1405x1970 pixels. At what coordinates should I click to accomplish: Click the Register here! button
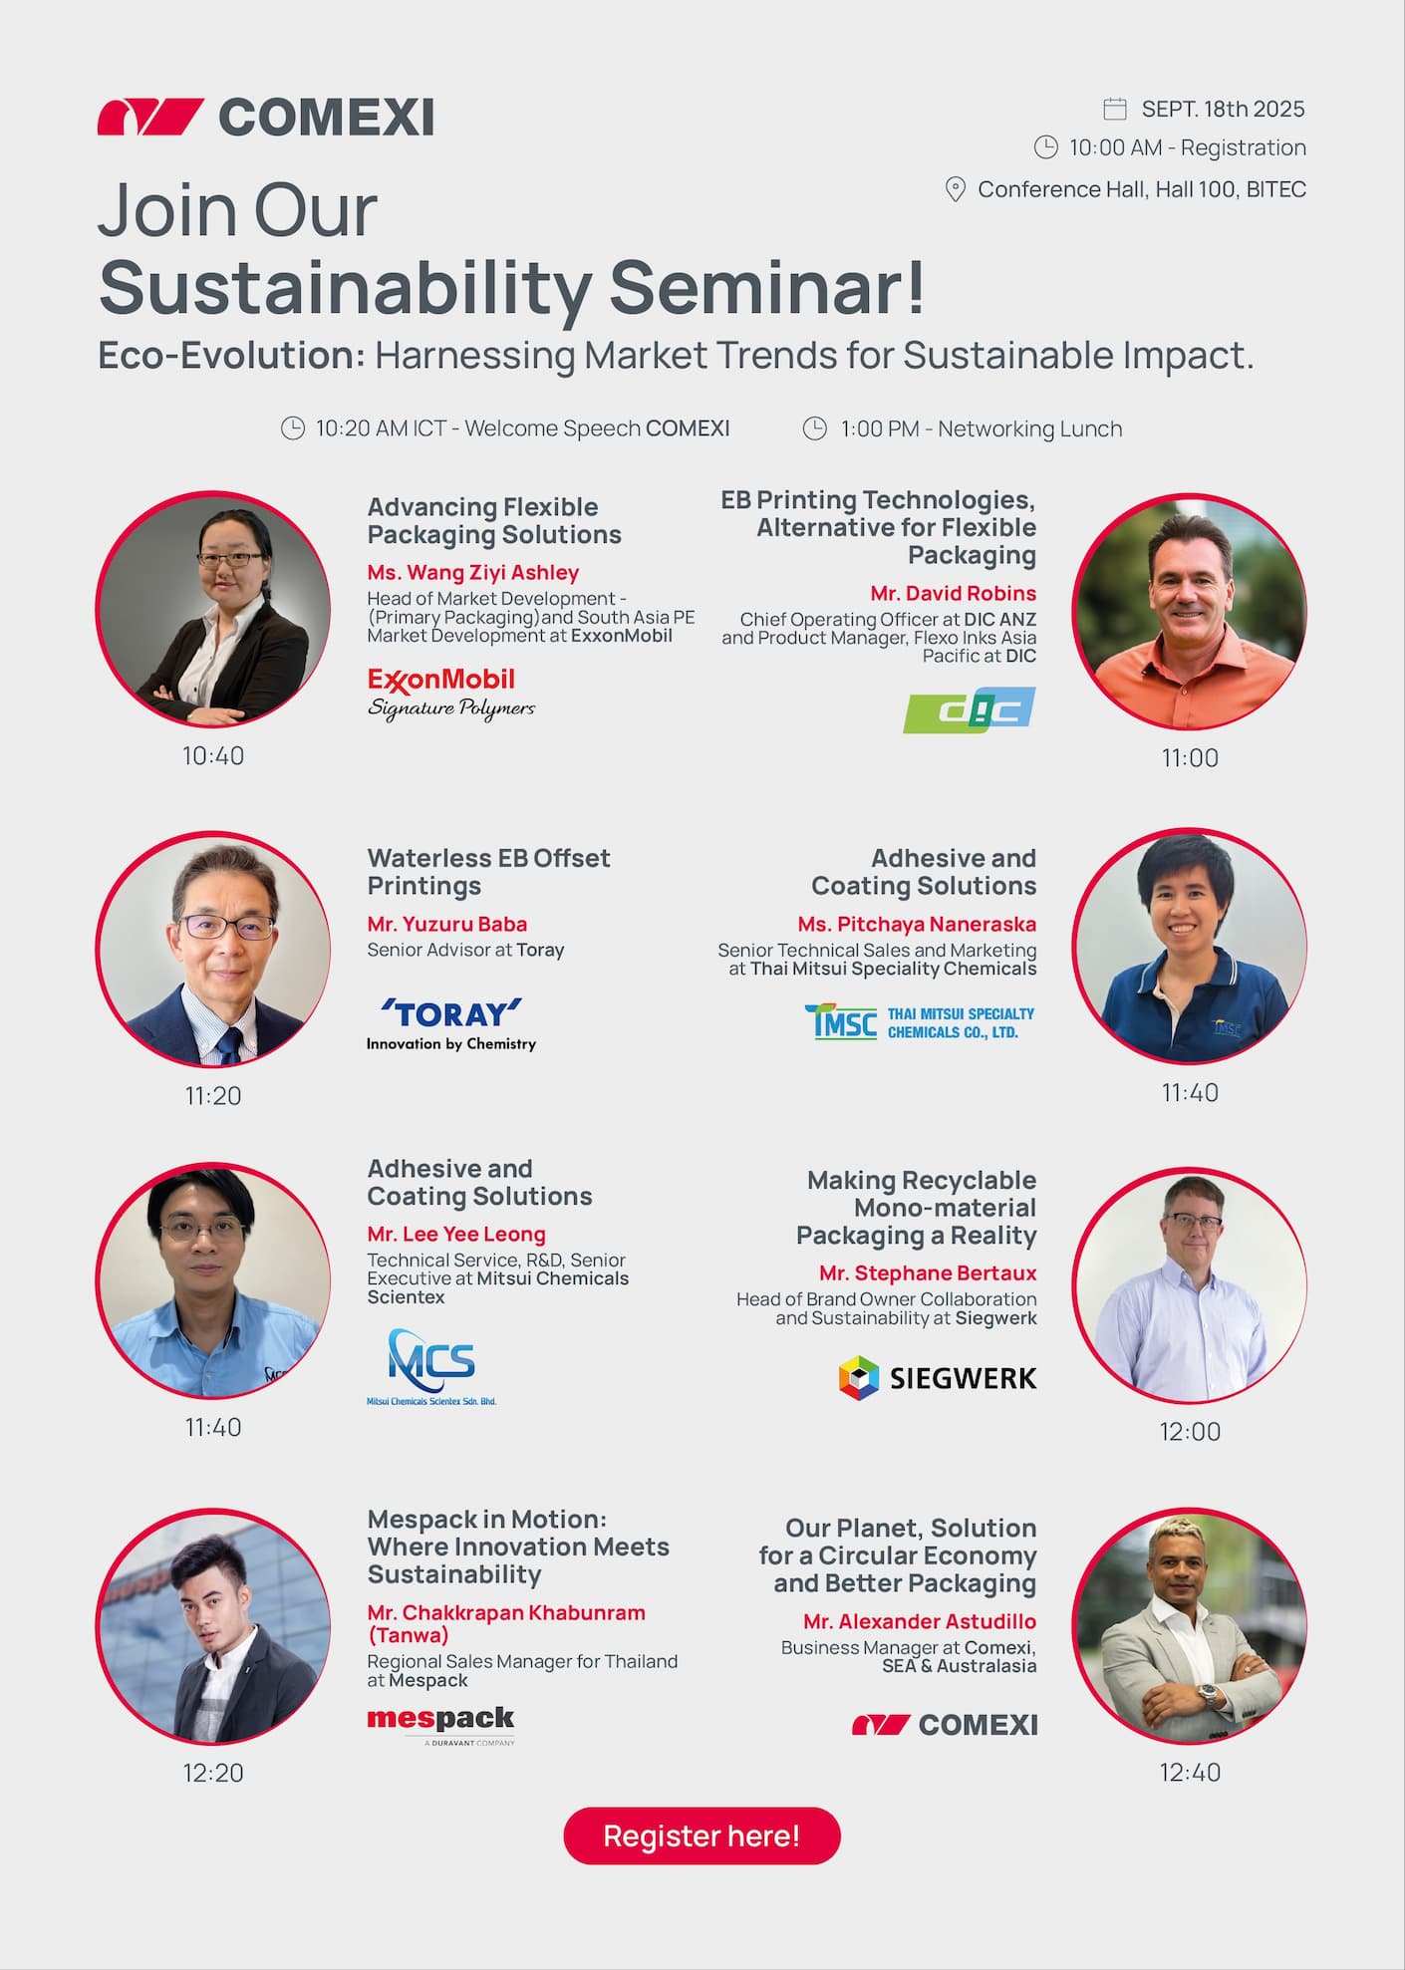coord(702,1835)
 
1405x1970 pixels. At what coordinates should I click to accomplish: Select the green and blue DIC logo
coord(970,709)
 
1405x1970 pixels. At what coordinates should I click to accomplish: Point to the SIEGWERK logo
coord(938,1378)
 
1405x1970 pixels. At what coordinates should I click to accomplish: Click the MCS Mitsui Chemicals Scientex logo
coord(431,1366)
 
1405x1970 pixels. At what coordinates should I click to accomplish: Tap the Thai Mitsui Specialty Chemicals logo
coord(920,1022)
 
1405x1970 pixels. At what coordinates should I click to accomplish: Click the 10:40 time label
coord(213,756)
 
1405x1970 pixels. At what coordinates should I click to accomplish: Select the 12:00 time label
coord(1190,1432)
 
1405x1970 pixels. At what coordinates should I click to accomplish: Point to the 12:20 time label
coord(213,1773)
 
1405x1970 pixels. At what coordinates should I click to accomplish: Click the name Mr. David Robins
coord(954,593)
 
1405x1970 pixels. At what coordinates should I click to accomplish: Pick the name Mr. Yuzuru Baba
coord(447,924)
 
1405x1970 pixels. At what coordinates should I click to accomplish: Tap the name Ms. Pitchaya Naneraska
coord(917,924)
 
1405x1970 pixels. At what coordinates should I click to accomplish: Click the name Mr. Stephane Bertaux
coord(928,1272)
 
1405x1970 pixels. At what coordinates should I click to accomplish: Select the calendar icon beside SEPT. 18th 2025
coord(1115,109)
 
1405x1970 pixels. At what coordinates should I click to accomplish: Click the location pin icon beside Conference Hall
coord(955,189)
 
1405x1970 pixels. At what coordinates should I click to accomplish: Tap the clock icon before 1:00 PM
coord(815,428)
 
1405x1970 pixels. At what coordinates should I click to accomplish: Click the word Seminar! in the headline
coord(767,287)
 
